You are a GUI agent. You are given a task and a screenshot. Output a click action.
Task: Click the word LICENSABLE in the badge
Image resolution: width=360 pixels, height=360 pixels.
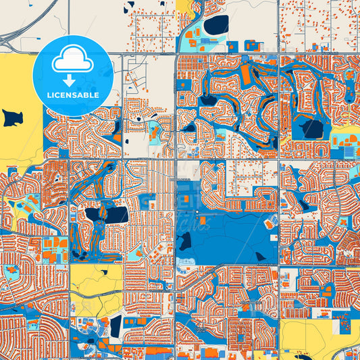73,95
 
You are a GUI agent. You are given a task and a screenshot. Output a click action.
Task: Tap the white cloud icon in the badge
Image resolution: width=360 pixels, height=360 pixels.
73,61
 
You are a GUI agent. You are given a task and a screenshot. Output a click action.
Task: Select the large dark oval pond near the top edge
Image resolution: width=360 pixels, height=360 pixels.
216,26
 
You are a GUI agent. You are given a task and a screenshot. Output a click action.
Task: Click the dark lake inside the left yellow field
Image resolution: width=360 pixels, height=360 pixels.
12,118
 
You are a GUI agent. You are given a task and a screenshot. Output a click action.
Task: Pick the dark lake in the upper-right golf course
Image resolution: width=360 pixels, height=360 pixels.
311,127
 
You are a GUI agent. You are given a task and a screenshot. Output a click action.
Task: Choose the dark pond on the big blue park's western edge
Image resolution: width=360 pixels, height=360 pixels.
184,240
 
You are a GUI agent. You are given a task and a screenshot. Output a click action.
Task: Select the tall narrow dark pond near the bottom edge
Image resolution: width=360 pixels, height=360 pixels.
115,329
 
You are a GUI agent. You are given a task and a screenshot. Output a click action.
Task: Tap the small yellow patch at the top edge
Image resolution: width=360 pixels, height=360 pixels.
184,7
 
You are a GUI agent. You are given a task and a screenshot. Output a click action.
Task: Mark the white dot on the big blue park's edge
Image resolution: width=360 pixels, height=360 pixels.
197,215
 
